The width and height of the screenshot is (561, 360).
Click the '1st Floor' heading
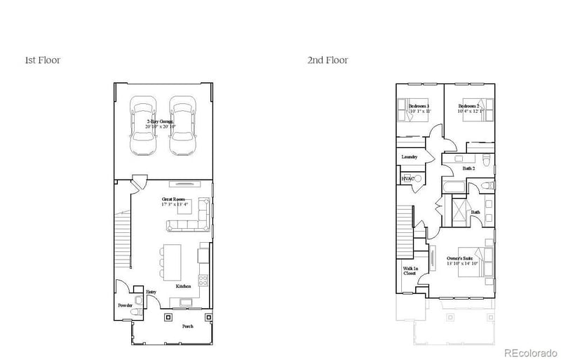click(42, 60)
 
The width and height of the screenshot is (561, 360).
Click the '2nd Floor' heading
click(327, 60)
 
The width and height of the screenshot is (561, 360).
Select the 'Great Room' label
click(175, 200)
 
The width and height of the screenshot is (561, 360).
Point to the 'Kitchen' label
click(184, 286)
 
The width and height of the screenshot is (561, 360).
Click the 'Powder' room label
click(125, 306)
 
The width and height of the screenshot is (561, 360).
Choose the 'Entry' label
click(151, 292)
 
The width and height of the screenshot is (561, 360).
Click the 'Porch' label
click(188, 327)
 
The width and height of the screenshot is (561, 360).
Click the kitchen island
click(171, 260)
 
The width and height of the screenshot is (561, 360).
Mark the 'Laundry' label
click(410, 157)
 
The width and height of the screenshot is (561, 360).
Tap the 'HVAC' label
click(407, 179)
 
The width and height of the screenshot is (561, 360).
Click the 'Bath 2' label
click(469, 169)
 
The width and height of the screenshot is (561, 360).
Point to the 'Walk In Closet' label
click(410, 271)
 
